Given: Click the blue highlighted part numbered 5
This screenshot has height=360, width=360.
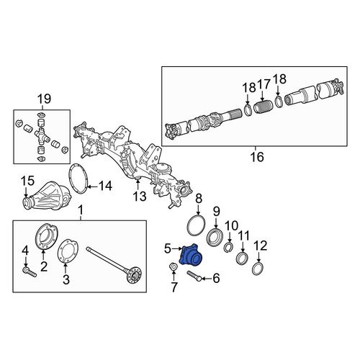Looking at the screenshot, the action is [191, 255].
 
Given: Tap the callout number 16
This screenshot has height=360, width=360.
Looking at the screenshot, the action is [257, 157].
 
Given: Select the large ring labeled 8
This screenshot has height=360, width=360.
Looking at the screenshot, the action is [196, 225].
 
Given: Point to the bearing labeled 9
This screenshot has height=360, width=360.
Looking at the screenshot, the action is [215, 238].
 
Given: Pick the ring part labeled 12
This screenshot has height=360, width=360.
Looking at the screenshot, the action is [258, 269].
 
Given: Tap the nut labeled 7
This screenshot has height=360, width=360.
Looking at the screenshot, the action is [173, 266].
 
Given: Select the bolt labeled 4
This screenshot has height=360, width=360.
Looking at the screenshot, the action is [30, 273].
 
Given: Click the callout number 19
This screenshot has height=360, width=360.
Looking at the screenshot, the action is [45, 99].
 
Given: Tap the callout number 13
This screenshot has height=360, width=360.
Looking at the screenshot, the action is [140, 196].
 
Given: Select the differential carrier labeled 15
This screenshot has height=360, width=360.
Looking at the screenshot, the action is [48, 196].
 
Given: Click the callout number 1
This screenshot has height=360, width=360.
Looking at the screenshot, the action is [81, 210].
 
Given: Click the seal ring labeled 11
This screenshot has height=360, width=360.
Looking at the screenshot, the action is [242, 259].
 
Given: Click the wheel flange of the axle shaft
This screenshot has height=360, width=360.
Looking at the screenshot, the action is [134, 276].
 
